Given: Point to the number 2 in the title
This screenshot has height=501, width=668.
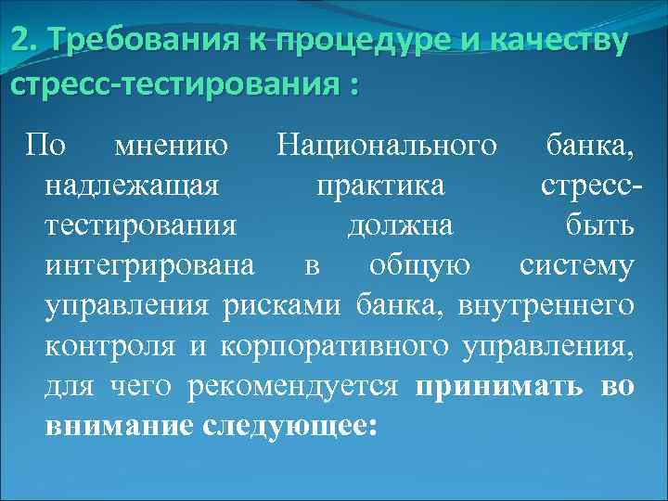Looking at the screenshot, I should (x=19, y=42).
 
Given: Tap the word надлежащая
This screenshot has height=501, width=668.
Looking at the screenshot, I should (x=131, y=186).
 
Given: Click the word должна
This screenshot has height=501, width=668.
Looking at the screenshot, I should (x=400, y=225).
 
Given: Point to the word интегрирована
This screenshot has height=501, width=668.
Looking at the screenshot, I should (x=149, y=266).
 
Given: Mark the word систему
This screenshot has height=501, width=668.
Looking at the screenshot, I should (x=576, y=266).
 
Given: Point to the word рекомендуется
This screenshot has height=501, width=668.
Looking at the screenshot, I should (x=292, y=386).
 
